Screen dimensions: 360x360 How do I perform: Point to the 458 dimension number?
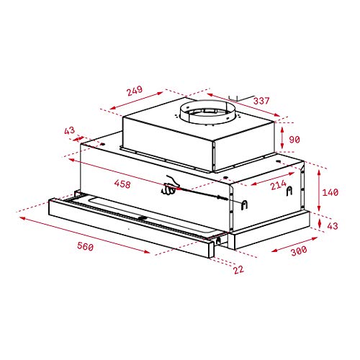coord(122,184)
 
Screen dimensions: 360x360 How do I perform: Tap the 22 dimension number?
coord(238,269)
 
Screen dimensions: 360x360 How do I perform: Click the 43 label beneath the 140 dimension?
coord(333,225)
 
